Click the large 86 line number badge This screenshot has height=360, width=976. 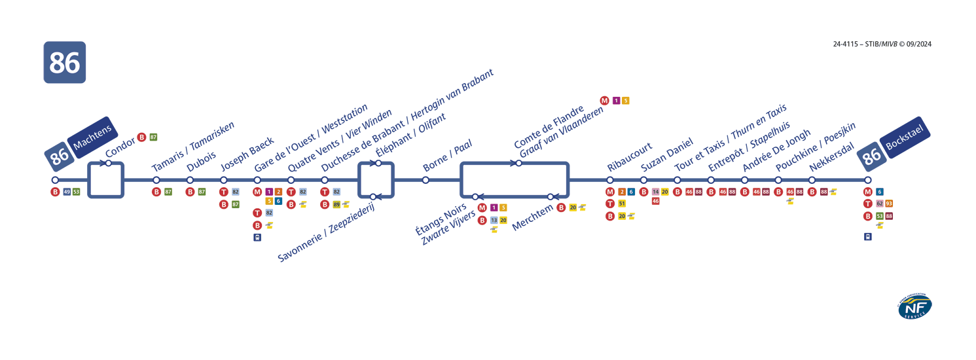click(64, 62)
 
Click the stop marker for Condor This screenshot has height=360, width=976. click(109, 163)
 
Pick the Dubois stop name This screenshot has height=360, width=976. click(201, 160)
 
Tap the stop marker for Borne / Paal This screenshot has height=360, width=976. click(425, 180)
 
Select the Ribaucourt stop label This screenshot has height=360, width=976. click(629, 156)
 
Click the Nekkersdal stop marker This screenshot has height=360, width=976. click(812, 180)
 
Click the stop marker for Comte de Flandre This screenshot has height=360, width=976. click(518, 163)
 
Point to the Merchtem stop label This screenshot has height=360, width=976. click(532, 215)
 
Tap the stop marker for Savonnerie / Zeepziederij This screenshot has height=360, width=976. click(372, 196)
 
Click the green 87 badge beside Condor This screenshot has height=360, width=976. click(153, 137)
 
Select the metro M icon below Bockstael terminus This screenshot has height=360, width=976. click(868, 192)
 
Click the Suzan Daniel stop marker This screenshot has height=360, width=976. click(643, 180)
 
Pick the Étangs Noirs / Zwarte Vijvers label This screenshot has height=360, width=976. click(445, 223)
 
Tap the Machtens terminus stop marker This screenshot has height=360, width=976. click(55, 180)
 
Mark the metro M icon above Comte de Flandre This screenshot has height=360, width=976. click(604, 100)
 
